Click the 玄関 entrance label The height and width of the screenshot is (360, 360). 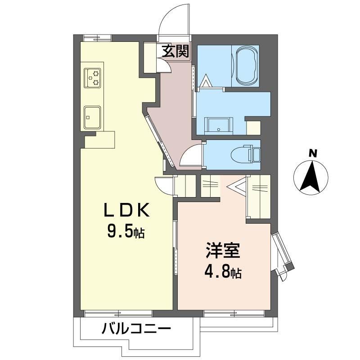click(x=175, y=51)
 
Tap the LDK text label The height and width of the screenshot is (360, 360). click(x=127, y=210)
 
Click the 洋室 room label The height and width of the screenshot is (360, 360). click(x=222, y=250)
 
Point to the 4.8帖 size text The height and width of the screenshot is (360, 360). click(x=223, y=272)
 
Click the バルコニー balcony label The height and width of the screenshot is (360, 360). click(x=136, y=329)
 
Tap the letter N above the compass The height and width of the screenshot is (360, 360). click(x=312, y=153)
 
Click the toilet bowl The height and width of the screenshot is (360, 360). click(x=241, y=155)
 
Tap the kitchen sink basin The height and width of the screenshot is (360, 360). click(x=92, y=117)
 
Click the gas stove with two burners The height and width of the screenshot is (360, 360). click(x=93, y=78)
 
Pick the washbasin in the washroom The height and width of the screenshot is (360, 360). click(x=218, y=126)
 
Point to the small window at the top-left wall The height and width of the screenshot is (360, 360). click(x=97, y=38)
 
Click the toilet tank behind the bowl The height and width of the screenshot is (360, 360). click(x=256, y=155)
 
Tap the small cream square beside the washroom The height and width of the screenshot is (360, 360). click(x=253, y=128)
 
